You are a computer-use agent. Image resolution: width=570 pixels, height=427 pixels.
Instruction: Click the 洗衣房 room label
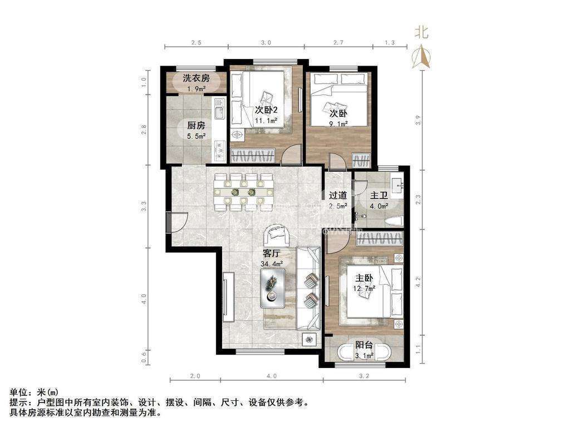tap(196, 78)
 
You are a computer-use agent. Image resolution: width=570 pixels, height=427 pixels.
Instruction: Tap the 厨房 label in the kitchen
tap(196, 126)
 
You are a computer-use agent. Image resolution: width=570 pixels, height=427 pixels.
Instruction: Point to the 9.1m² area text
tap(338, 123)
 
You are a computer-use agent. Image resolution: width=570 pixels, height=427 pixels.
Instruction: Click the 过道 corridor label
tap(338, 195)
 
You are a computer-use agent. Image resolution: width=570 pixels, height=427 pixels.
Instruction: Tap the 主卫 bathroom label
tap(379, 195)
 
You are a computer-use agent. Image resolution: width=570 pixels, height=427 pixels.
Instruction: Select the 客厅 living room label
tap(272, 253)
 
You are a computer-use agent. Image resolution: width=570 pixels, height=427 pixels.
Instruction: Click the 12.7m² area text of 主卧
tap(364, 289)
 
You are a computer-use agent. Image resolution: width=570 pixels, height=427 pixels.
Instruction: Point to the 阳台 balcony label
tap(364, 345)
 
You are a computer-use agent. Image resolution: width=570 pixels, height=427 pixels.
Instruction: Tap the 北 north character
tap(422, 32)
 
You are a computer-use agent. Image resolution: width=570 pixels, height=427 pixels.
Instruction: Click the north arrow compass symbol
tap(422, 57)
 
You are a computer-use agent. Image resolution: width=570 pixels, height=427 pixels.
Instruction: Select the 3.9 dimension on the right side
tap(418, 120)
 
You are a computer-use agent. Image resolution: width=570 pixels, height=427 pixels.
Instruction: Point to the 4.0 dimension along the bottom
tap(272, 376)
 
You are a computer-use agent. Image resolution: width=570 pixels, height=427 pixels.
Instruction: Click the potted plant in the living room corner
tap(309, 340)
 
